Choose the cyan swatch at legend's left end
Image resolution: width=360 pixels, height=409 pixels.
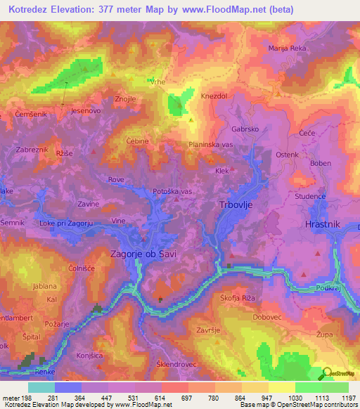(x=41, y=387)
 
